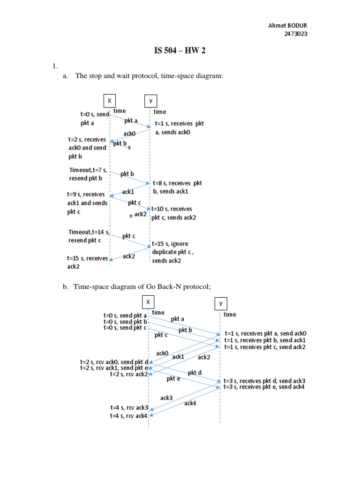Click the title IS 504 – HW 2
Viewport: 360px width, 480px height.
coord(180,51)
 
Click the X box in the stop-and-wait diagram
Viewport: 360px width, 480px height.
coord(109,101)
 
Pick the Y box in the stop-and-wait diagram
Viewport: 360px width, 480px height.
coord(150,101)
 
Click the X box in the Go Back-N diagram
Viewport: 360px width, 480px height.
coord(148,301)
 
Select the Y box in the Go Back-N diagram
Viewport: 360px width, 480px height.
coord(220,304)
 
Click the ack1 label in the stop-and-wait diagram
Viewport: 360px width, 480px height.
coord(128,192)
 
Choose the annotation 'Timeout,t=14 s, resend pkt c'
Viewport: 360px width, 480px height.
coord(89,236)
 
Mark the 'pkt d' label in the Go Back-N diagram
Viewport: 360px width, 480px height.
coord(195,373)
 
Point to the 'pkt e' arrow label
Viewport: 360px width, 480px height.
coord(173,379)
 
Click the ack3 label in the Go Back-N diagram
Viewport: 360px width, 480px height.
coord(166,398)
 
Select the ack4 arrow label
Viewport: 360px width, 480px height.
coord(190,403)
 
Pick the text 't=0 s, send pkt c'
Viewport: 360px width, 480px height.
coord(126,328)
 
